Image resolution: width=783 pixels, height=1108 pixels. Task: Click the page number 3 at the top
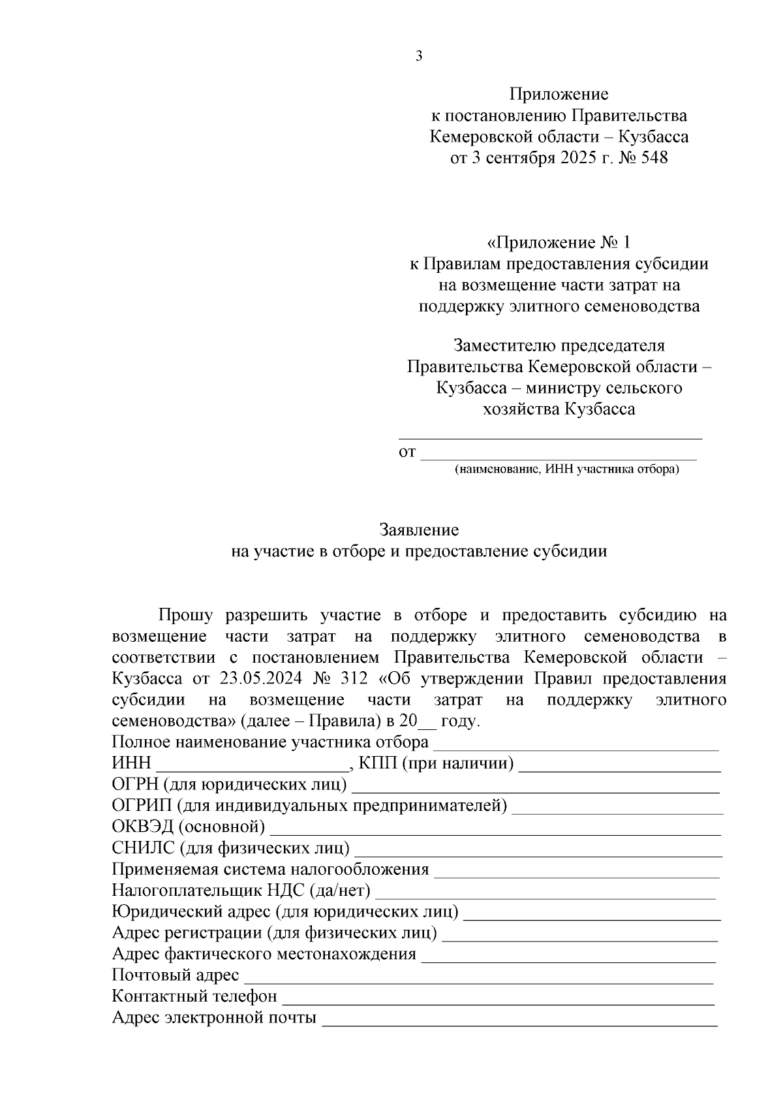(x=419, y=56)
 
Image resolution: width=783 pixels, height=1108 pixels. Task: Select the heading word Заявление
(x=419, y=530)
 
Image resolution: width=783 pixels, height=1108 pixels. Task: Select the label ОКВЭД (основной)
(x=189, y=827)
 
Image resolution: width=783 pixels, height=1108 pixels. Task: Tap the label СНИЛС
(x=143, y=848)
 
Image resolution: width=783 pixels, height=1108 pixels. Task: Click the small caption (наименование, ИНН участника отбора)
(x=566, y=469)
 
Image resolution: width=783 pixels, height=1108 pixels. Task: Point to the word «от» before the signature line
(x=407, y=452)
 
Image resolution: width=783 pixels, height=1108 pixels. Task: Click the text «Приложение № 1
(x=559, y=243)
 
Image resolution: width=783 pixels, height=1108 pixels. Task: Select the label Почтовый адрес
(x=176, y=975)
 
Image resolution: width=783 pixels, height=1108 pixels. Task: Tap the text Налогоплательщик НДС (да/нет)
(x=241, y=891)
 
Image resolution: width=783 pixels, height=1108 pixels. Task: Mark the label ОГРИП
(x=142, y=806)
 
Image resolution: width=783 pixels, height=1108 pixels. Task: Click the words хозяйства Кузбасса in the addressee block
(x=559, y=409)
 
